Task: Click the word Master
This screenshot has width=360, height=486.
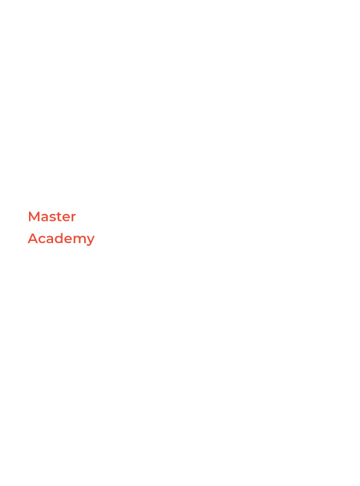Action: click(x=52, y=217)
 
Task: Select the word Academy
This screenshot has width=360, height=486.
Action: click(x=61, y=239)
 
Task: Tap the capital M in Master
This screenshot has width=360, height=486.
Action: click(x=33, y=217)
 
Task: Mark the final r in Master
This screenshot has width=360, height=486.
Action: click(x=74, y=218)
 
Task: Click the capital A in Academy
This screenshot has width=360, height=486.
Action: click(x=33, y=238)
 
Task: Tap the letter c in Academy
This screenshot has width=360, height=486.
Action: click(x=43, y=240)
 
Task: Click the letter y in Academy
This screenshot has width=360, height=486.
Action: click(x=91, y=241)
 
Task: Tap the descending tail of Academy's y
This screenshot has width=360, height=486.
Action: click(x=89, y=245)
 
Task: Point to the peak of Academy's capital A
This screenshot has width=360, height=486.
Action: click(x=33, y=233)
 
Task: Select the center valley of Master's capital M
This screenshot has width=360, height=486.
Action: click(x=33, y=220)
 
